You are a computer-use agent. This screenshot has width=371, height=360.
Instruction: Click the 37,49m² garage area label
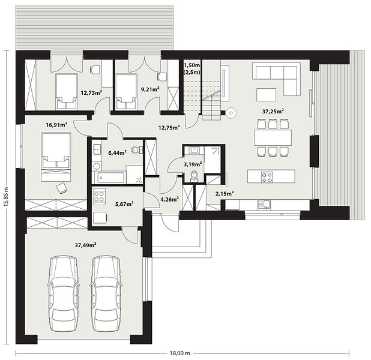[85, 245]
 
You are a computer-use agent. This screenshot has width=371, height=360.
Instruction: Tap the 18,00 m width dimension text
[180, 353]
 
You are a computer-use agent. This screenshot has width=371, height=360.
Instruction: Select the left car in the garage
[64, 293]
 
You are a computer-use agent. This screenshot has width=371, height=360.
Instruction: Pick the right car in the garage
[106, 293]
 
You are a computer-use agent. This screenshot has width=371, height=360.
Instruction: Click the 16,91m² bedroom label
[57, 125]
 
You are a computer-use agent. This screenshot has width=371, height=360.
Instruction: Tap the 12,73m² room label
[91, 92]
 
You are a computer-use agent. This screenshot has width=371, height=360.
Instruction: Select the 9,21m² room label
[150, 89]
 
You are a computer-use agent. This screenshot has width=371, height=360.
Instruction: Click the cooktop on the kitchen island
[267, 177]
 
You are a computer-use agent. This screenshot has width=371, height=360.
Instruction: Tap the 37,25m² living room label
[273, 111]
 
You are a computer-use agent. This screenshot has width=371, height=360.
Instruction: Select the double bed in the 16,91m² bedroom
[56, 157]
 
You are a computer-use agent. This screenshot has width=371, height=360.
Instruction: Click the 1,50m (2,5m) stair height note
[192, 68]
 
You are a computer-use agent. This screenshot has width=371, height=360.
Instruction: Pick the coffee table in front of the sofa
[266, 95]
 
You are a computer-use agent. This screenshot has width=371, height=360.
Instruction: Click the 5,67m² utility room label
[124, 203]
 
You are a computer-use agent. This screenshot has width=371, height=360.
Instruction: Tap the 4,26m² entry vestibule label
[170, 199]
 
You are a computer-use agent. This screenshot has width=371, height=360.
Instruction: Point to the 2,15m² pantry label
[225, 193]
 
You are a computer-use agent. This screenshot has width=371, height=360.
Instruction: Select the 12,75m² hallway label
[169, 127]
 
